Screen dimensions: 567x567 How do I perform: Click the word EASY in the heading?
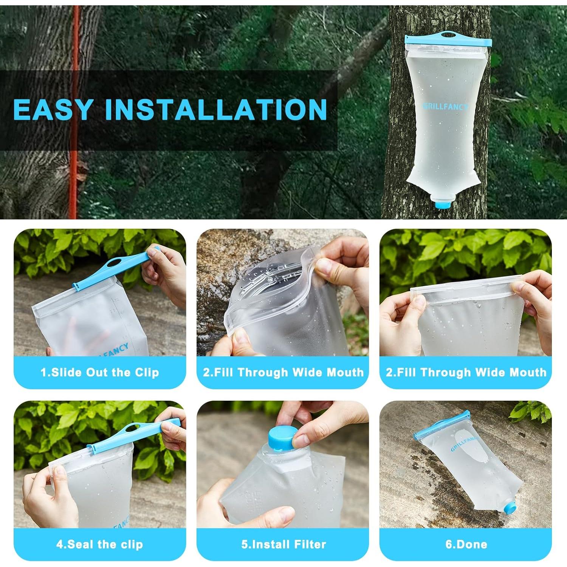tap(53, 109)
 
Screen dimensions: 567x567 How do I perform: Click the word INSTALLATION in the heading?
tap(216, 109)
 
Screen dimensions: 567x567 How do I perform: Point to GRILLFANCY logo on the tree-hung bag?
tap(445, 107)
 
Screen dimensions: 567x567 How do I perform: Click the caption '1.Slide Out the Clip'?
tap(100, 372)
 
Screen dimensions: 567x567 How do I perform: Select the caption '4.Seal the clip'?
tap(100, 544)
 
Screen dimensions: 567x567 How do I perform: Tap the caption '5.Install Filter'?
tap(283, 544)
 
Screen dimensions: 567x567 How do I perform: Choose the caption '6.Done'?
tap(466, 544)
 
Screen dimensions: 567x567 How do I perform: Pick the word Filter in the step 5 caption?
tap(311, 544)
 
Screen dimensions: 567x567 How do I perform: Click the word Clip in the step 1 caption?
tap(147, 372)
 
